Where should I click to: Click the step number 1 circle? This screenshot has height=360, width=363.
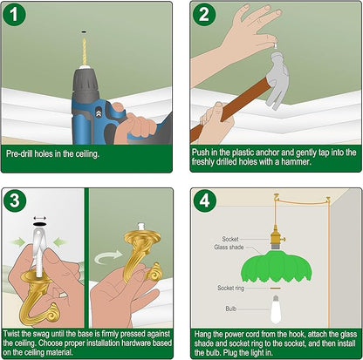(x=14, y=15)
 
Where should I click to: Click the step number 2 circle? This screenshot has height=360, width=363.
(x=204, y=15)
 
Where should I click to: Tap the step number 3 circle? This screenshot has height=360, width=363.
(x=15, y=200)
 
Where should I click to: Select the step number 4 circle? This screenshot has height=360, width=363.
(x=205, y=200)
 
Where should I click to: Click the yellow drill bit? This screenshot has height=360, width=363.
(x=85, y=51)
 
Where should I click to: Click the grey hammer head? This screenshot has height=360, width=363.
(x=277, y=78)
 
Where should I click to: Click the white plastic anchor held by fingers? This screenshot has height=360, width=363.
(x=275, y=45)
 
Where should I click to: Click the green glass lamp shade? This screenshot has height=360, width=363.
(x=277, y=267)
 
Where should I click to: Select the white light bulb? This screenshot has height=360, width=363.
(x=276, y=309)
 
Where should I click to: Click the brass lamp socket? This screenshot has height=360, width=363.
(x=276, y=236)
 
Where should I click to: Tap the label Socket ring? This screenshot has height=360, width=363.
(x=230, y=289)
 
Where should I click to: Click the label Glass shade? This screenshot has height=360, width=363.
(x=229, y=248)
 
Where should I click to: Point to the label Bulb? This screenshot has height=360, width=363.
(x=231, y=309)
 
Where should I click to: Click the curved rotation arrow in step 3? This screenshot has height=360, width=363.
(x=108, y=256)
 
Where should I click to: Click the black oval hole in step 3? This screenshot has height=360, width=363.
(x=39, y=224)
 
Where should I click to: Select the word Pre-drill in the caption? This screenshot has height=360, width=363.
(x=19, y=153)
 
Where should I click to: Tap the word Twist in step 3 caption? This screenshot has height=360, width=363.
(x=11, y=334)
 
